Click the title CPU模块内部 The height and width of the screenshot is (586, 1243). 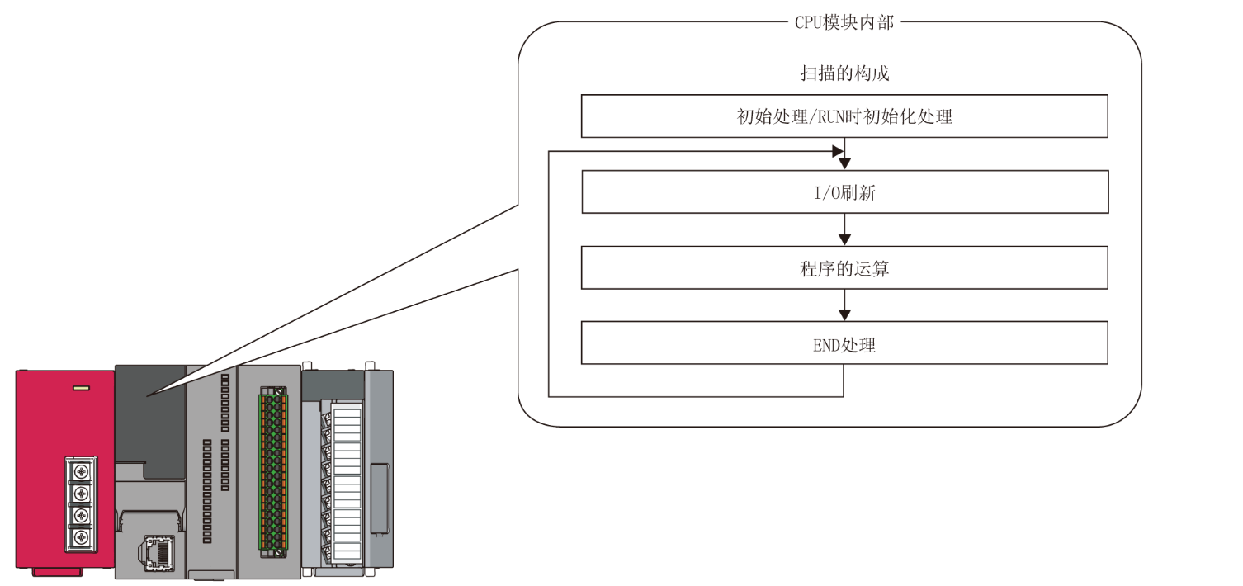tap(844, 22)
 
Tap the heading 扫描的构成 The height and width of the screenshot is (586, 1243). tap(844, 73)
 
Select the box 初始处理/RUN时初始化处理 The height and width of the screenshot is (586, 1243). tap(844, 116)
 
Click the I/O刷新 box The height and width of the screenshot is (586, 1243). tap(844, 192)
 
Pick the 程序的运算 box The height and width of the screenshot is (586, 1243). tap(844, 268)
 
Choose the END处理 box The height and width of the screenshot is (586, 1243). tap(844, 343)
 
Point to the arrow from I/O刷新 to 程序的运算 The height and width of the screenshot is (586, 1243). tap(844, 229)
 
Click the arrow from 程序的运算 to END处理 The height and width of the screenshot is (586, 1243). tap(844, 305)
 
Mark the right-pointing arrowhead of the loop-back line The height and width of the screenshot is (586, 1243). tap(837, 151)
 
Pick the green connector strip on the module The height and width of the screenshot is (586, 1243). tap(269, 470)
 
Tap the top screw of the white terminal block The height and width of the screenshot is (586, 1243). tap(81, 471)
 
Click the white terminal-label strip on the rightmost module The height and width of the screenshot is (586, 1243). tap(347, 483)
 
